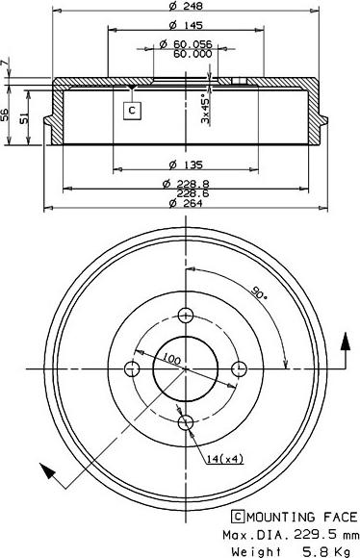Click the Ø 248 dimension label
click(186, 6)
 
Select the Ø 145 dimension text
click(186, 25)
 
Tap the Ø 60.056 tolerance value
click(186, 44)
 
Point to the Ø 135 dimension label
click(186, 165)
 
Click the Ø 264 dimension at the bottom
click(186, 203)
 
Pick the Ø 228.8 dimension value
click(186, 184)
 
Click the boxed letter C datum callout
click(132, 111)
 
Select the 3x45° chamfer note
click(205, 109)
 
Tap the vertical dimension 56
click(5, 114)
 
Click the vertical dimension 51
click(24, 118)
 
